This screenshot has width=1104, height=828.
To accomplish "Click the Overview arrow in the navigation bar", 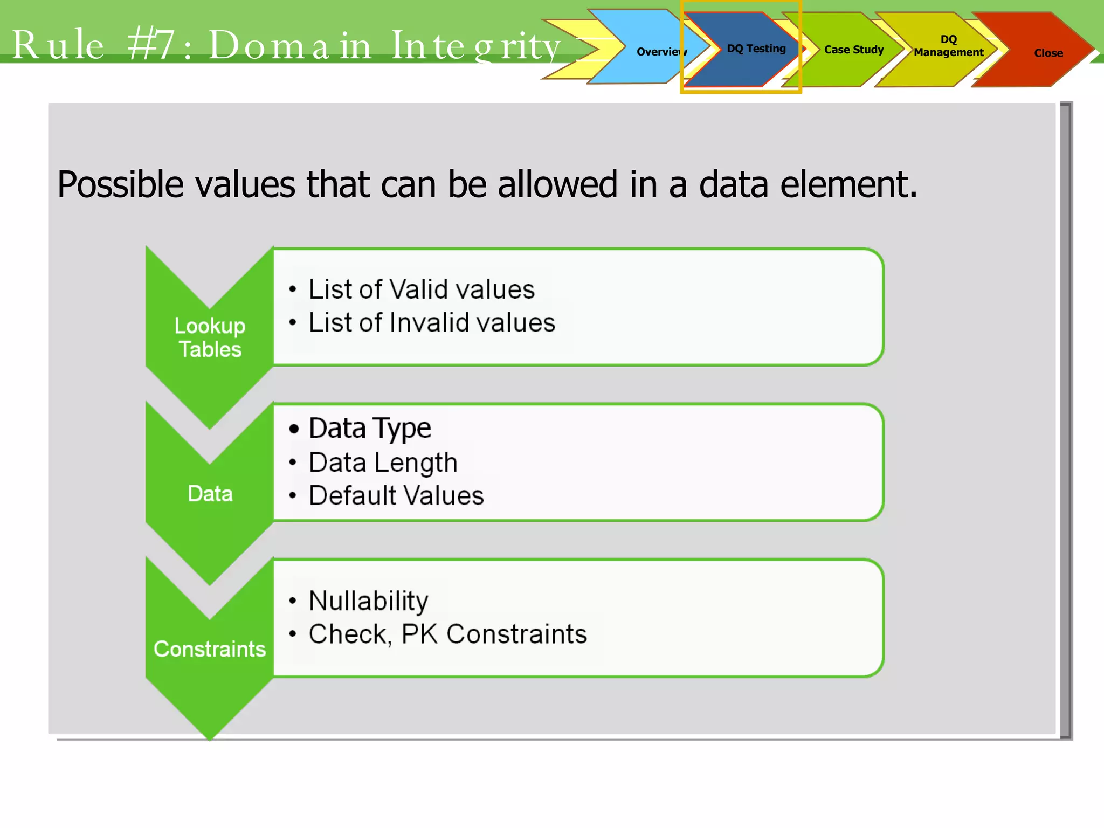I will point(647,51).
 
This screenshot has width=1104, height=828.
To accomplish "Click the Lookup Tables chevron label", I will point(210,337).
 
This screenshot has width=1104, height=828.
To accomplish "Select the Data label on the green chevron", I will point(210,494).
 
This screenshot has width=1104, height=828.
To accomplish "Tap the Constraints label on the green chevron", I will point(210,649).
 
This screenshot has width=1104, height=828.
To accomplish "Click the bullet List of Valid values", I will point(421,289).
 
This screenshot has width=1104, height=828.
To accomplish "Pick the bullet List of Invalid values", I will point(431,323).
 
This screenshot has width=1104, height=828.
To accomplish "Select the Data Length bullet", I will point(383,463).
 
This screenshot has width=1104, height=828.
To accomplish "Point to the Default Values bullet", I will point(396,495).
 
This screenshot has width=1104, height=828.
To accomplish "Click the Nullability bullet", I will point(368,601).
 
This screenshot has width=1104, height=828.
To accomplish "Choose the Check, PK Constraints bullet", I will point(447,634).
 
